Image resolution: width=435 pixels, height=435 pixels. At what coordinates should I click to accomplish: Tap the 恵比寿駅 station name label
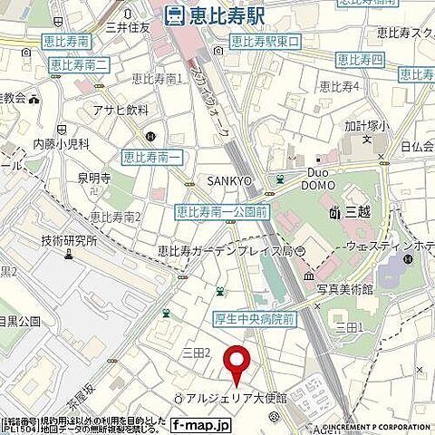point(227,14)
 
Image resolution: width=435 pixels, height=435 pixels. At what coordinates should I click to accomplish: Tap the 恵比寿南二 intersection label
point(80,64)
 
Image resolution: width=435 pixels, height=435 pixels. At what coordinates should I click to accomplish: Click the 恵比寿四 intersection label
point(360,60)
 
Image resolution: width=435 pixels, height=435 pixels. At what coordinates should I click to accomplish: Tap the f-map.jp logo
point(200,423)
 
